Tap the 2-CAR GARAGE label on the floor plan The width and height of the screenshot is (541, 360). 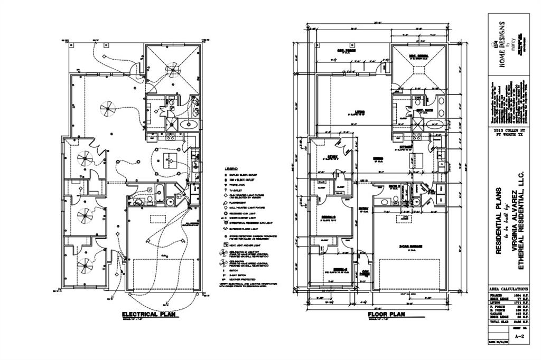pyautogui.click(x=410, y=246)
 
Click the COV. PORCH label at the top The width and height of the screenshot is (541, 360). pyautogui.click(x=346, y=51)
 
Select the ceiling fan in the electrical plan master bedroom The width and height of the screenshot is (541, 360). pyautogui.click(x=173, y=69)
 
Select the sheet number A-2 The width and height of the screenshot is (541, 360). pyautogui.click(x=519, y=335)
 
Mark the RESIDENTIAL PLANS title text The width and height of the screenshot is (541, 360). pyautogui.click(x=497, y=221)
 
